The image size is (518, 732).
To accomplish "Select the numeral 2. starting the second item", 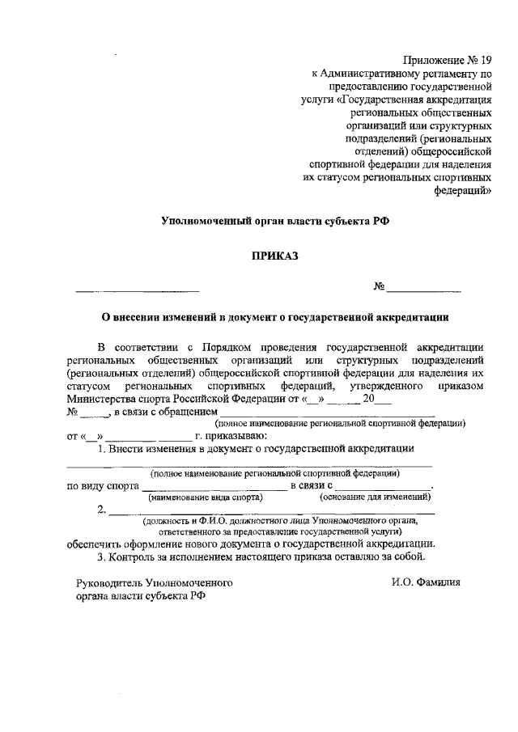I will [101, 510].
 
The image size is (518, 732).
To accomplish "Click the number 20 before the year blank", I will [368, 399].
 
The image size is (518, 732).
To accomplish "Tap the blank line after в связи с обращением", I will [327, 413].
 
